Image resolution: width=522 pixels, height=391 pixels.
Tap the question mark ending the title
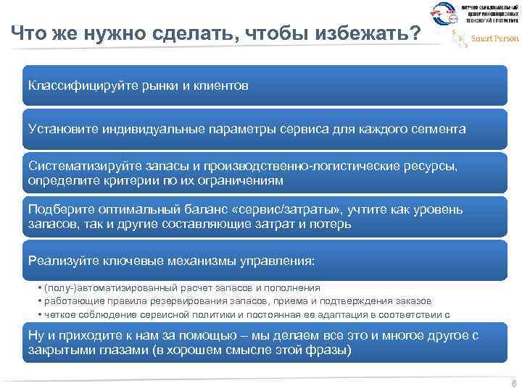[x=414, y=33]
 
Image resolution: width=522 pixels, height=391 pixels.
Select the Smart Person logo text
[x=495, y=38]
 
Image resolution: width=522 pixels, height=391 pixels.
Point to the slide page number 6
[x=513, y=384]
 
